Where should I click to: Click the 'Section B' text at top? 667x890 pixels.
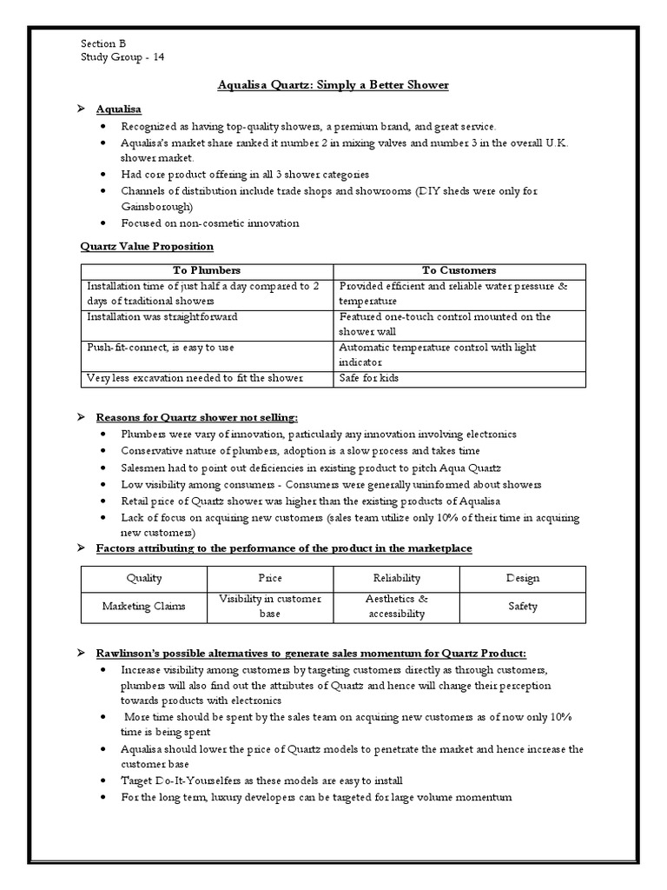click(x=103, y=44)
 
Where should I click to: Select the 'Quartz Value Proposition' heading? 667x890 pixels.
click(x=146, y=247)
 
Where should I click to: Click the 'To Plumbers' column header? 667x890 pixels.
click(x=207, y=271)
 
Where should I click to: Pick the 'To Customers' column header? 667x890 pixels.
click(x=459, y=271)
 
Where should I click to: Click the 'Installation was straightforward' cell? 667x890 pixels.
click(x=162, y=317)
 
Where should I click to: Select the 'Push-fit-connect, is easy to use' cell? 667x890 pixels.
click(x=160, y=348)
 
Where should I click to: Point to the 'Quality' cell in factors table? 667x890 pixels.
click(x=144, y=578)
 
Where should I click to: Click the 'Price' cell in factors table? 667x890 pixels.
click(x=270, y=578)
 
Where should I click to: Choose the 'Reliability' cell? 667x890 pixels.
click(x=396, y=578)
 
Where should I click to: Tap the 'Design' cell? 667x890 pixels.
click(x=522, y=578)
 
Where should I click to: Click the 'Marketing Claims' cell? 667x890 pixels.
click(x=144, y=607)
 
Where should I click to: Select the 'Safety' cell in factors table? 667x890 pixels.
click(x=522, y=607)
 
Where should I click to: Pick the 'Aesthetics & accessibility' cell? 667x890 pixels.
click(x=396, y=607)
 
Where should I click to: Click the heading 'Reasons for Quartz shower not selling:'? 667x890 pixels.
click(x=202, y=418)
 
